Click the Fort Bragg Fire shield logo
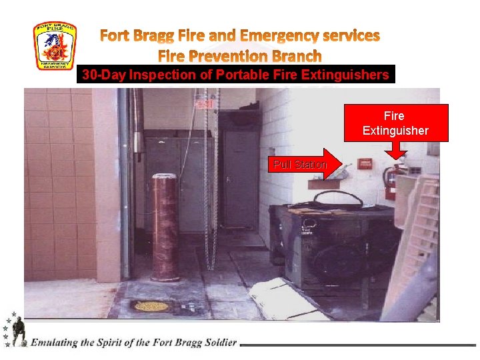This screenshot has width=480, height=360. [55, 46]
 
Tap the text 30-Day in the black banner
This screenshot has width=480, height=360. [103, 75]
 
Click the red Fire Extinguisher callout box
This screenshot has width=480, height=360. [395, 123]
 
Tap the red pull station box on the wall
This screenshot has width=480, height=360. [364, 163]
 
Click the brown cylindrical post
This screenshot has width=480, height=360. [164, 227]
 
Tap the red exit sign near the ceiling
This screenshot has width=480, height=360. [203, 105]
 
